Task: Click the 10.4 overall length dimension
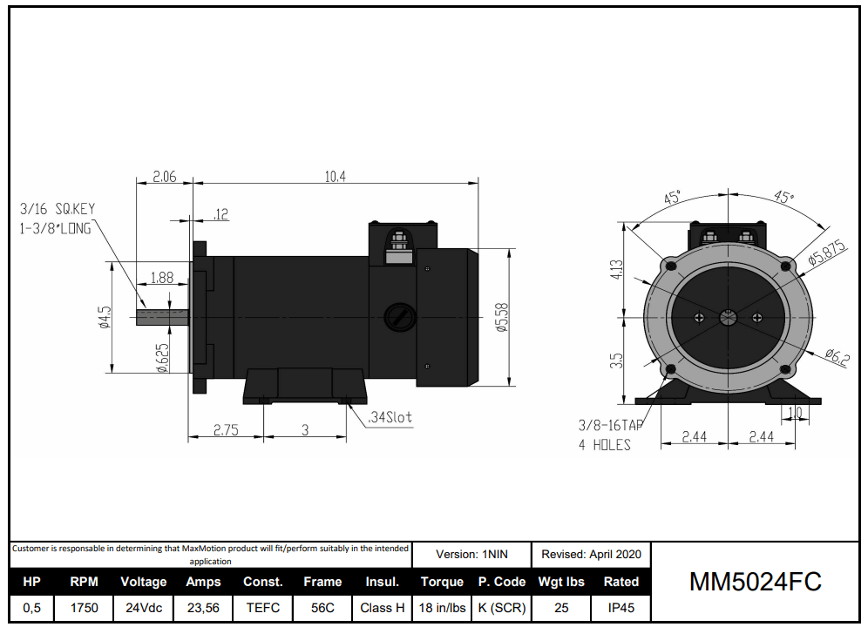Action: (336, 177)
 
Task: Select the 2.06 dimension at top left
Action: (165, 177)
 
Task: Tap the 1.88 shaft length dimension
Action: (161, 278)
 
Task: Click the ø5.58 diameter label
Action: (501, 317)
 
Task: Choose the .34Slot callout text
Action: (389, 418)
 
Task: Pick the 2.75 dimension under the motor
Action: (226, 430)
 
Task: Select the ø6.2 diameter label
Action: (834, 356)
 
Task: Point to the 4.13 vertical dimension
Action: (616, 269)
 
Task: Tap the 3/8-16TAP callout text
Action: (610, 426)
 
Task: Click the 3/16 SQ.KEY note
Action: (58, 209)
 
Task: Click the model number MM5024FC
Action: (756, 582)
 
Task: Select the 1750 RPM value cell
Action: (85, 608)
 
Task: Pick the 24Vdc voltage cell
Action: (144, 608)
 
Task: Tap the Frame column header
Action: (322, 582)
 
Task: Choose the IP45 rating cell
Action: (620, 608)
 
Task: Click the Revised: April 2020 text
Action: (591, 554)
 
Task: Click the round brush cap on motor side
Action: (400, 317)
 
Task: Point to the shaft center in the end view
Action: (728, 318)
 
